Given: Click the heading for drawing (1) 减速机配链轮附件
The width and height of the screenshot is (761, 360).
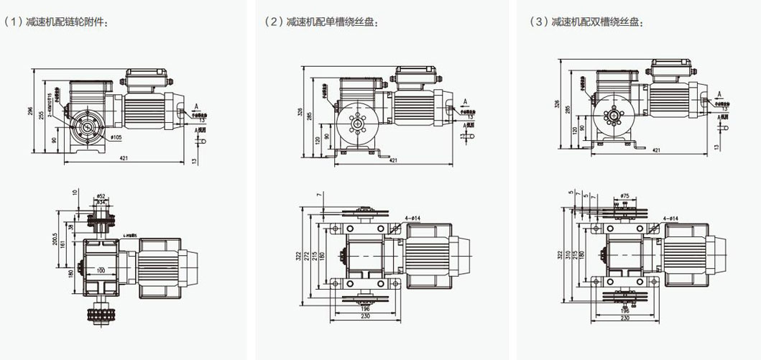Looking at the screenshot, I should pos(57,22).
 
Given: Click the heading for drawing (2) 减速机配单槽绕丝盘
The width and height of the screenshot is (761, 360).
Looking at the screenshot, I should pos(323,22).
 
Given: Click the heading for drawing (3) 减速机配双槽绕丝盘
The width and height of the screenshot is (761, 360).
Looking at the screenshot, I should pos(587,22).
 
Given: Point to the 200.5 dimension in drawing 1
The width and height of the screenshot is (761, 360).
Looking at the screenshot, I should pos(55,239).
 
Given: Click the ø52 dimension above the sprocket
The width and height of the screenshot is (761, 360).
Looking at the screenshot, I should pos(101,195).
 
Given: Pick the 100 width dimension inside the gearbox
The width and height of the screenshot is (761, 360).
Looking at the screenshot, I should pos(101,270).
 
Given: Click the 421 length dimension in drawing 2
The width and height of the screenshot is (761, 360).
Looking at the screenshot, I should pos(393,160).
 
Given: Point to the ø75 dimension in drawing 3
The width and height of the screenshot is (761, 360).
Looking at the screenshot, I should pos(624,195).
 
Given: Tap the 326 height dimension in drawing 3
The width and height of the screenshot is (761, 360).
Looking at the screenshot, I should pos(558,103).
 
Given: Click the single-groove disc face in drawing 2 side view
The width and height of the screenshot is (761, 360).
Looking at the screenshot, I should pos(357,123).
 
